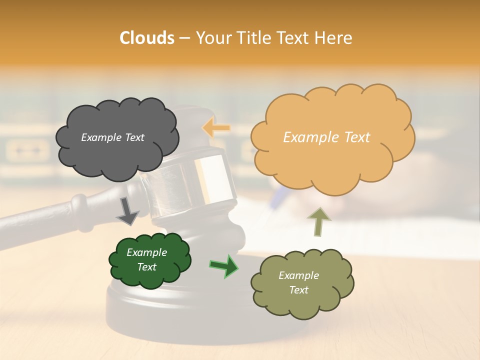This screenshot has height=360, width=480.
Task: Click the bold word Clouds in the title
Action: (x=146, y=38)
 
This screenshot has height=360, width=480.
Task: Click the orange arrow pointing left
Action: (x=216, y=128)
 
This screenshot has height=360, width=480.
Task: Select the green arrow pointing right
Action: (x=224, y=266)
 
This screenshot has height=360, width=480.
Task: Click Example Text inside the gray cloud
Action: (x=112, y=137)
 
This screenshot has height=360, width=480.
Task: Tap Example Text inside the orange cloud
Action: (x=326, y=137)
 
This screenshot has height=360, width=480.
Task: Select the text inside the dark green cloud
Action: (x=146, y=259)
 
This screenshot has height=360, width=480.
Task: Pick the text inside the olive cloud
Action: (x=298, y=282)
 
